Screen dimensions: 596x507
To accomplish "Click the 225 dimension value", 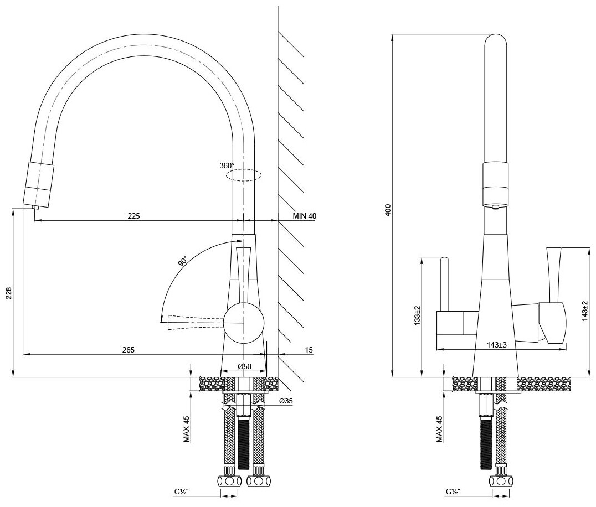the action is [133, 216].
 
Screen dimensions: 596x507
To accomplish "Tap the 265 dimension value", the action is [128, 349].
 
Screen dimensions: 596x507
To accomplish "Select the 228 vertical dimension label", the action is [8, 293].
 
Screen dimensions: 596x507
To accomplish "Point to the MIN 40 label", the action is [305, 216].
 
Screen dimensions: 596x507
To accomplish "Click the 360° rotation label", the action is [227, 165].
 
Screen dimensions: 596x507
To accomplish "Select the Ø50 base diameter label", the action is [244, 367].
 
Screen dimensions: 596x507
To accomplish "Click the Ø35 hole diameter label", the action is [286, 401].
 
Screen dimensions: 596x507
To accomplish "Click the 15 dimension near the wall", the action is [309, 349].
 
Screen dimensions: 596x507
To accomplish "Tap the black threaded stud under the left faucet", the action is [244, 443].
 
